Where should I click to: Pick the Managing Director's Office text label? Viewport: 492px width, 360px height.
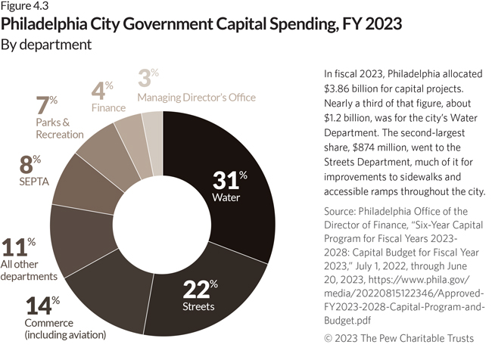196,98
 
